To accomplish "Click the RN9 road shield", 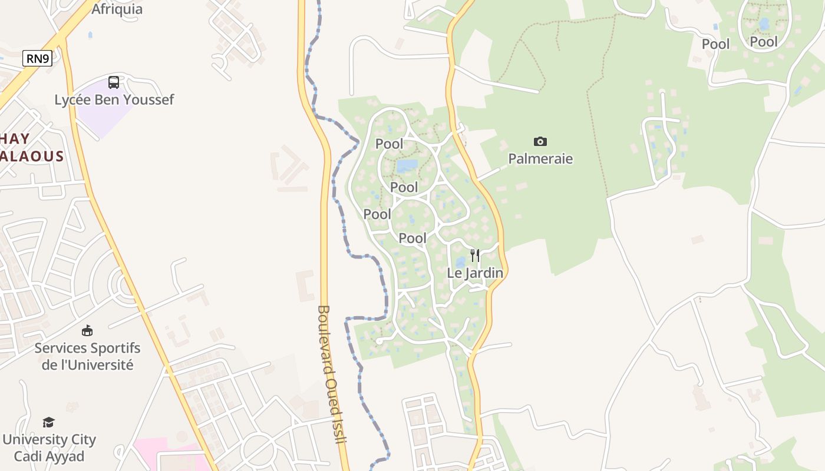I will [38, 58].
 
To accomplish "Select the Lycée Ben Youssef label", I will [114, 99].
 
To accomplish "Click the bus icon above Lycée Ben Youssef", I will [114, 82].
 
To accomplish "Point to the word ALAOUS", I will [32, 156].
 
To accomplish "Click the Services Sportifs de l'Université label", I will [87, 356].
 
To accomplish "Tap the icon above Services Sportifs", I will [87, 330].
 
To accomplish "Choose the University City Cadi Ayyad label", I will [49, 447].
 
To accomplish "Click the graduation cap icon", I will [48, 422].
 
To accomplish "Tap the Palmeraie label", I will [540, 158].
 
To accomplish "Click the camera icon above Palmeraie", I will [540, 141].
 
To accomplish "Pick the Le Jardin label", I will [475, 273].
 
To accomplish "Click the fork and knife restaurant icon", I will [475, 256].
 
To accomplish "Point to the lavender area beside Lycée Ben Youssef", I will [100, 121].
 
